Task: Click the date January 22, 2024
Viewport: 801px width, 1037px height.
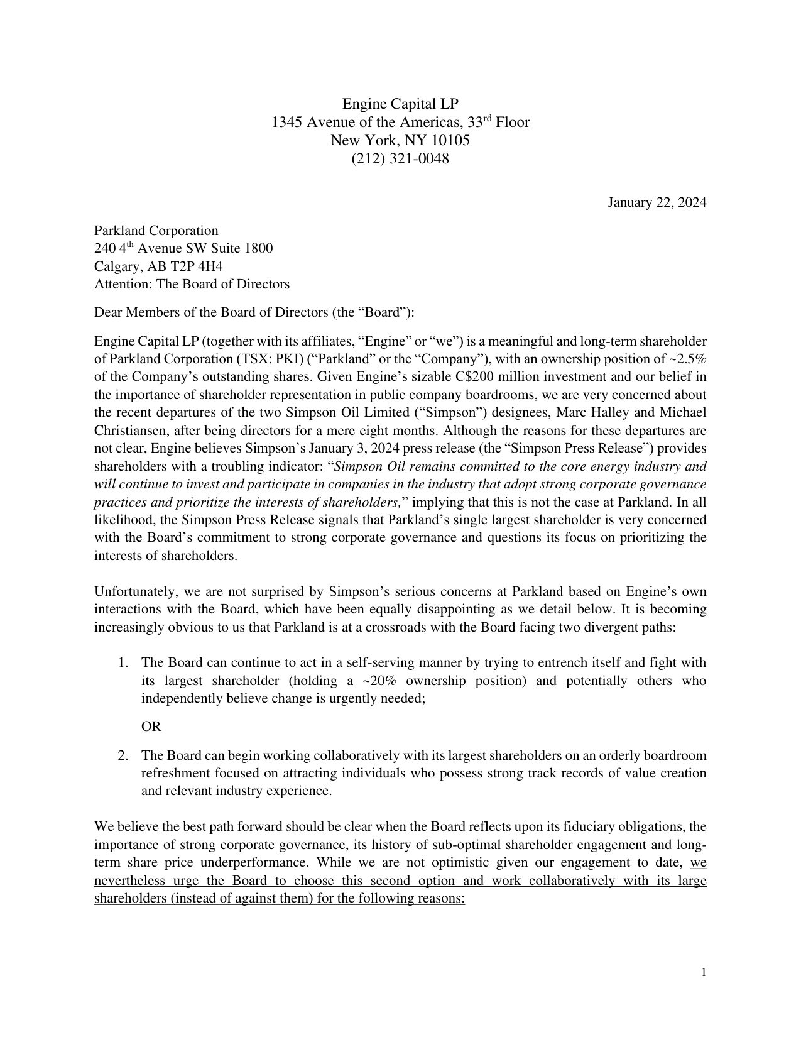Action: (657, 202)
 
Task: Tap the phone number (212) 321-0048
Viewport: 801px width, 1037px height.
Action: (400, 158)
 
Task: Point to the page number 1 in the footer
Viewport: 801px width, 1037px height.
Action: (704, 973)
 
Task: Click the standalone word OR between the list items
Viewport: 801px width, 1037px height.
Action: (151, 727)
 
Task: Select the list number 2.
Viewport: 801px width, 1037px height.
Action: (123, 755)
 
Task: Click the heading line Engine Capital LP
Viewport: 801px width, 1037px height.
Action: (400, 103)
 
